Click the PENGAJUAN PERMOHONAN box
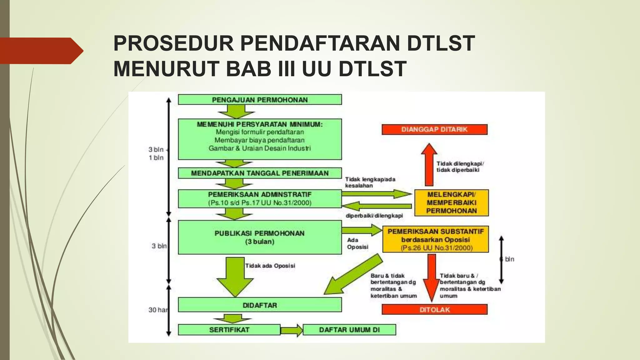point(260,100)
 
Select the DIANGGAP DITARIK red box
point(434,129)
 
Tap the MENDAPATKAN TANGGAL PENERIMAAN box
point(260,173)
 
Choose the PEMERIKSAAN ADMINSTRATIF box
point(260,198)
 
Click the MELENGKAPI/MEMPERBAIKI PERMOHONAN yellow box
point(451,202)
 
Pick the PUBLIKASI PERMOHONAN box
point(260,237)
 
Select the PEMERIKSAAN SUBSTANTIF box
point(435,239)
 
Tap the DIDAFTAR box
point(260,305)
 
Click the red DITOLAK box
point(434,309)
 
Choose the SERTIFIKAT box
point(229,330)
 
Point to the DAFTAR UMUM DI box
point(349,330)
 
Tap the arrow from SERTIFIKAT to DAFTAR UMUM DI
point(292,330)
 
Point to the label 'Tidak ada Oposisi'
point(270,266)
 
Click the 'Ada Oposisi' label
point(357,243)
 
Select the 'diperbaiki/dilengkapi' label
point(374,216)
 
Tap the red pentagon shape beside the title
point(41,51)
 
